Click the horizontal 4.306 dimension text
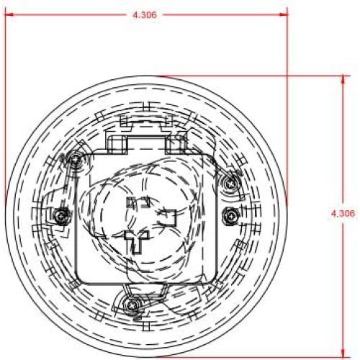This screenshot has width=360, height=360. coord(145,14)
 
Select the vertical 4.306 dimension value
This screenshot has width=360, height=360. coord(343,213)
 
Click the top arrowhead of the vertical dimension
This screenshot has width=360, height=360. coord(342,78)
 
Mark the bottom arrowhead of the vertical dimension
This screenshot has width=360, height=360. coord(342,348)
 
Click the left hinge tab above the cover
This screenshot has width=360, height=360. coord(117,142)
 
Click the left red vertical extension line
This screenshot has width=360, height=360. coord(5,108)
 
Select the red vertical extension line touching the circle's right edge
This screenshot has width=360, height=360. coord(287,108)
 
